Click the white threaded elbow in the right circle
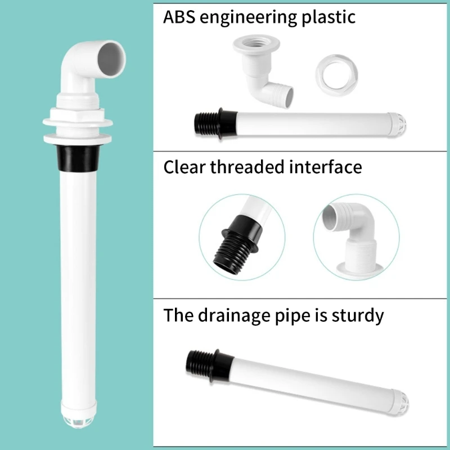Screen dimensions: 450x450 tap(357, 236)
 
